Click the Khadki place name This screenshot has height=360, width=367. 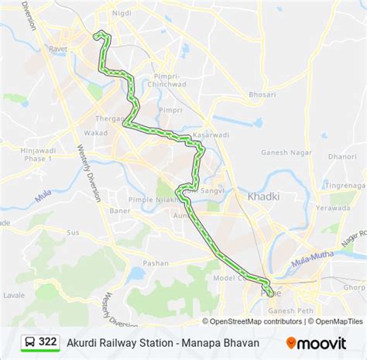[262, 197]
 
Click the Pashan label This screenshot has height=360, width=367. [155, 263]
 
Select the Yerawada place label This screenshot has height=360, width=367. [333, 207]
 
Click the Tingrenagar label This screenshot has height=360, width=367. [344, 183]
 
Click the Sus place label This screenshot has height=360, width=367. [74, 231]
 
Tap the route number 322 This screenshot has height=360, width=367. [48, 341]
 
